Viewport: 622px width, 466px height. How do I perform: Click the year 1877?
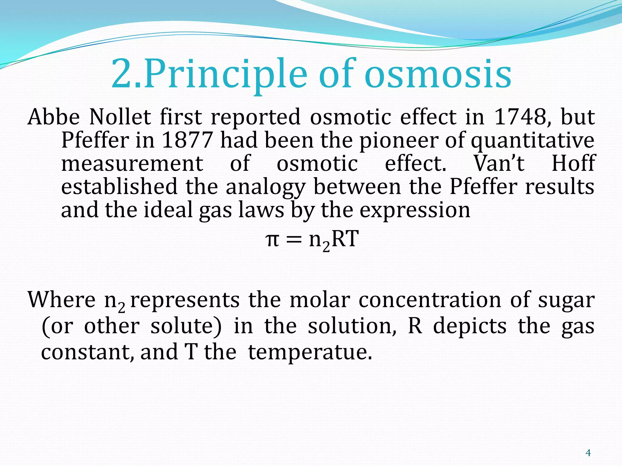pyautogui.click(x=187, y=140)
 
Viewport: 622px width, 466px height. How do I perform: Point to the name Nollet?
pyautogui.click(x=120, y=117)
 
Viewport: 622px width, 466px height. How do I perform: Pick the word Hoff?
pyautogui.click(x=573, y=164)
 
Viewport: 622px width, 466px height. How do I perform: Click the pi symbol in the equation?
pyautogui.click(x=272, y=239)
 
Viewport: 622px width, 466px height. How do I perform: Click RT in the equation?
pyautogui.click(x=345, y=239)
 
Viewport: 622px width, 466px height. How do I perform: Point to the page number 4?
pyautogui.click(x=588, y=453)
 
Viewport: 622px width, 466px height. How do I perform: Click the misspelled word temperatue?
pyautogui.click(x=310, y=353)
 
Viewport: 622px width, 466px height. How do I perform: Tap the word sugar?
pyautogui.click(x=566, y=300)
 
